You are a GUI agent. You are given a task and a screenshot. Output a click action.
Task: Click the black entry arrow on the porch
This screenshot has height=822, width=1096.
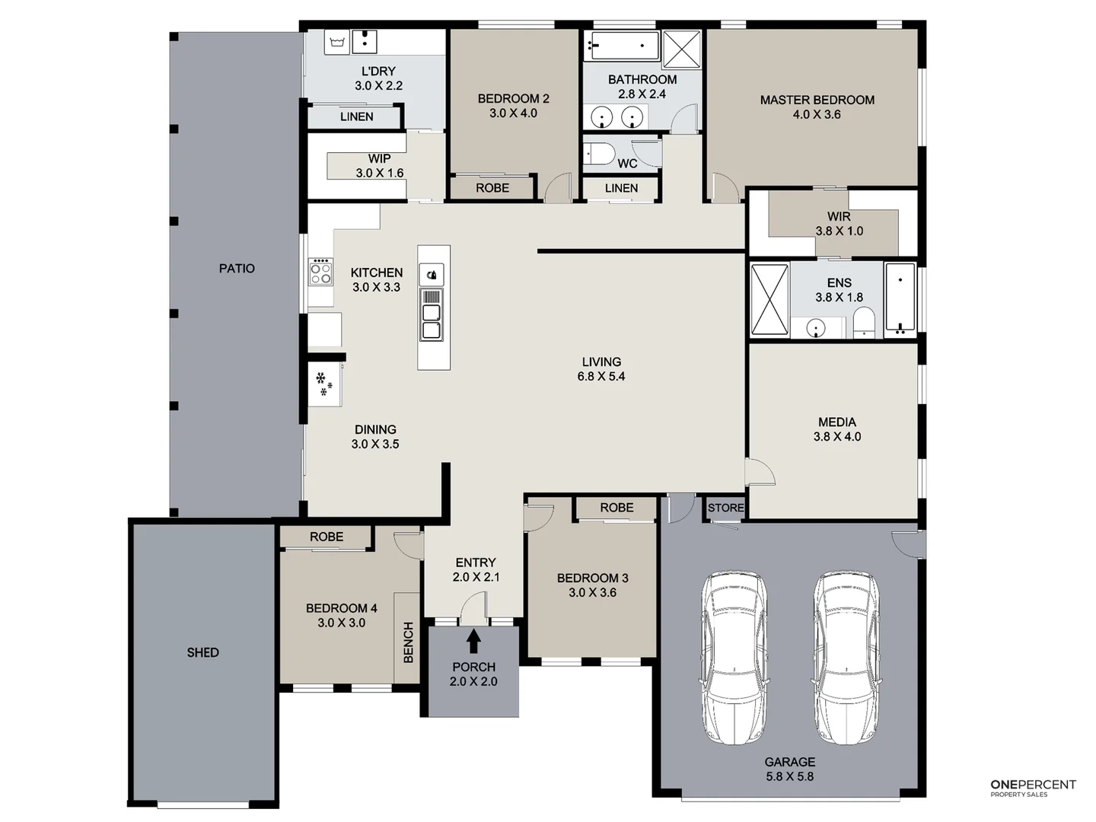tap(473, 641)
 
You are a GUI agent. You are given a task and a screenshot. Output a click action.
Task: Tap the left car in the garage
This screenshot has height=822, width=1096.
tap(734, 658)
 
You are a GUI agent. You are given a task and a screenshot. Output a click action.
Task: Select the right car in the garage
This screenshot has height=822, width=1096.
tap(846, 658)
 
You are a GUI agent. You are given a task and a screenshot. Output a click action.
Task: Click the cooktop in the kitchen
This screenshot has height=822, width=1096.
tap(320, 272)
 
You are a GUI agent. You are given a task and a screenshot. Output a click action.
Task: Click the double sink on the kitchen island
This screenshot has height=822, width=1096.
tap(432, 320)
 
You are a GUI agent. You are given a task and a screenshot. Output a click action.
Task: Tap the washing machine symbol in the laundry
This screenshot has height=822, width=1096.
tap(336, 43)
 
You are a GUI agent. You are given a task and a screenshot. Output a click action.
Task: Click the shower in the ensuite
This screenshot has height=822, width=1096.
tap(769, 299)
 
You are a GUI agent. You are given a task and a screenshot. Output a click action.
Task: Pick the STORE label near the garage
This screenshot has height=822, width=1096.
tap(725, 508)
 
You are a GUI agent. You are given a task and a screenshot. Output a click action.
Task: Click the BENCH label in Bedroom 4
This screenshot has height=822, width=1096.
tap(408, 642)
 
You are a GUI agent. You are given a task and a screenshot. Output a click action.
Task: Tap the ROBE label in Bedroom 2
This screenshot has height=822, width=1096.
tap(492, 188)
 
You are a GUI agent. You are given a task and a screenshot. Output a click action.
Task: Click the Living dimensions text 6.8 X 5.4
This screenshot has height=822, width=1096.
tap(601, 376)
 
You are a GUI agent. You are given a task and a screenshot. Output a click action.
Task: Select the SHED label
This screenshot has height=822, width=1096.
tap(202, 652)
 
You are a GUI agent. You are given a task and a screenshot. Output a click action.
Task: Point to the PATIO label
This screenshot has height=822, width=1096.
tap(237, 268)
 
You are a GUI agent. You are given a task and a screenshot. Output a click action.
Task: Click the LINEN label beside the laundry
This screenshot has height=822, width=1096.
tap(356, 116)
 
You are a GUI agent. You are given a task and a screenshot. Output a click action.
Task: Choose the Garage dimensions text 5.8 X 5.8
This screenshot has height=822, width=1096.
tap(789, 776)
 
